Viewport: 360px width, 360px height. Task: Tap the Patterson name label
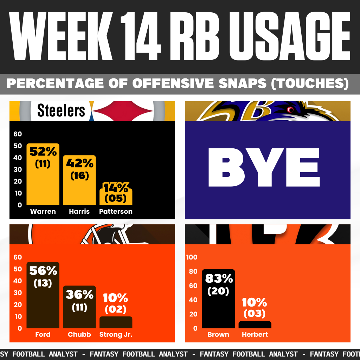[116, 212]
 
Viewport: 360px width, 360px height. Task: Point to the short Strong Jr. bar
[116, 322]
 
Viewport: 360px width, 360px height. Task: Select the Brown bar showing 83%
[218, 309]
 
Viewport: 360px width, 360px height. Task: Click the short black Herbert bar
[255, 324]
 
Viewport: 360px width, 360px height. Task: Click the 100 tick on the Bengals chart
[192, 257]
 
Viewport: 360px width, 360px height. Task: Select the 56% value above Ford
[43, 271]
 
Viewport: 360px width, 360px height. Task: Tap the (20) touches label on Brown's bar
[218, 291]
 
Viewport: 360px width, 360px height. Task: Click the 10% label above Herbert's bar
[255, 302]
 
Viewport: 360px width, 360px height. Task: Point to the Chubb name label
[79, 335]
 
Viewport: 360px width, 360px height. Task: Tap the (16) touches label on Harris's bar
[79, 175]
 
